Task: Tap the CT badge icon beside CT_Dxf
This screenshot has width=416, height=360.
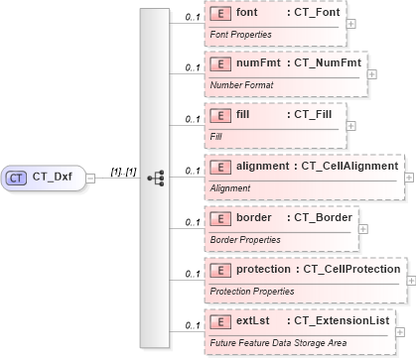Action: point(17,178)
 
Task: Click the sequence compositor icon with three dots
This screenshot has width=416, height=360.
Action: point(154,179)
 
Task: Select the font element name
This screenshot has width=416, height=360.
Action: point(249,14)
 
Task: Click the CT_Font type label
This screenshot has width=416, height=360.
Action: point(313,14)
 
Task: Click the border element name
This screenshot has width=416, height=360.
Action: point(255,216)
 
